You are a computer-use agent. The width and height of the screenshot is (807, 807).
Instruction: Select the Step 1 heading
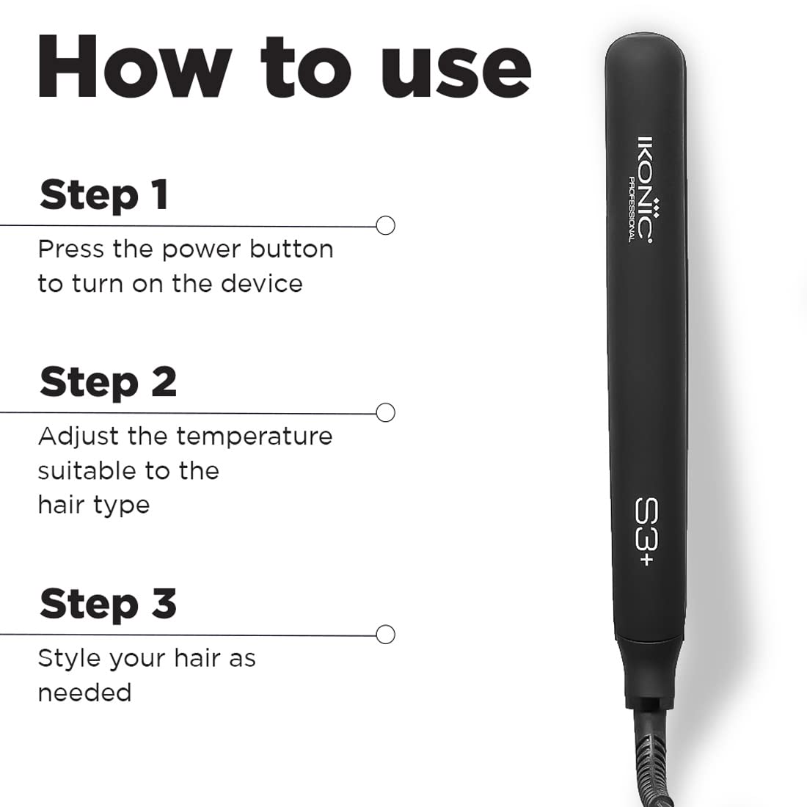point(104,195)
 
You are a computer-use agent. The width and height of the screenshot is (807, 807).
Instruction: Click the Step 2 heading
point(108,382)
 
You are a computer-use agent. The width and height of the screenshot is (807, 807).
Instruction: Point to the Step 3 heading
point(108,604)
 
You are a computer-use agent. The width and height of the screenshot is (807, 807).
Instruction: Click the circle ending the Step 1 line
point(386,225)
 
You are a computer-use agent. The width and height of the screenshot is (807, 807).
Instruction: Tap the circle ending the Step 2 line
point(386,412)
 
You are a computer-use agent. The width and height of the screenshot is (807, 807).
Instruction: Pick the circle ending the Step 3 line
point(386,634)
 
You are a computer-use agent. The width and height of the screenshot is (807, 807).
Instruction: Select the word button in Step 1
point(292,249)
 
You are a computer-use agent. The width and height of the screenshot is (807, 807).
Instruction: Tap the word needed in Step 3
point(84,692)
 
